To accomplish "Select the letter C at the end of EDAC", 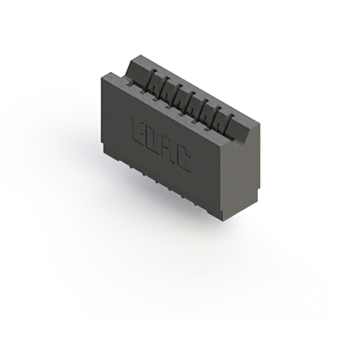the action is click(183, 161).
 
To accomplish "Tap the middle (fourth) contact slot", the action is click(189, 102).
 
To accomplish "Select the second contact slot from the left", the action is click(164, 87).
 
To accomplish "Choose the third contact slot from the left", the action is click(177, 94).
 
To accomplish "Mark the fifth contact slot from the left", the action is click(202, 110).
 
